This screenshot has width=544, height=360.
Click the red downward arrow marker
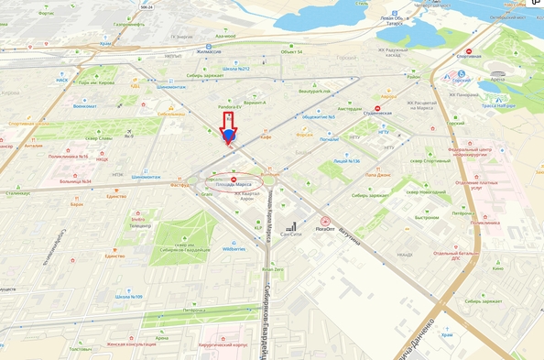(228, 138)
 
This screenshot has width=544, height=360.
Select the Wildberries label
(234, 248)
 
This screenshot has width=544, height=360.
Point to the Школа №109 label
(128, 297)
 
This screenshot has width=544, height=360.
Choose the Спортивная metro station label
(468, 56)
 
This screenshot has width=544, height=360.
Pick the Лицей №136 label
(346, 160)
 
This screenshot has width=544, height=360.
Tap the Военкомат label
(84, 106)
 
